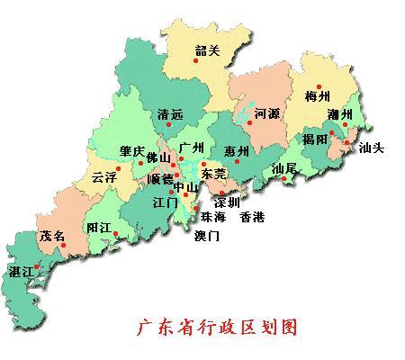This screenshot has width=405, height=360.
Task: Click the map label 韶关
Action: pyautogui.click(x=207, y=51)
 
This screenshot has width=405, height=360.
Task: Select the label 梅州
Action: pyautogui.click(x=319, y=96)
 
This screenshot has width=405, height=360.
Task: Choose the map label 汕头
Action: pyautogui.click(x=371, y=148)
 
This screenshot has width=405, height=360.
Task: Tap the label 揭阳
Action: pyautogui.click(x=314, y=139)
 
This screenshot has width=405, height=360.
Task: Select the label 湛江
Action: pyautogui.click(x=19, y=271)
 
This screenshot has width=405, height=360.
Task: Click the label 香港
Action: pyautogui.click(x=253, y=217)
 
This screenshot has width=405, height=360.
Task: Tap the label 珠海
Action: pyautogui.click(x=213, y=217)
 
